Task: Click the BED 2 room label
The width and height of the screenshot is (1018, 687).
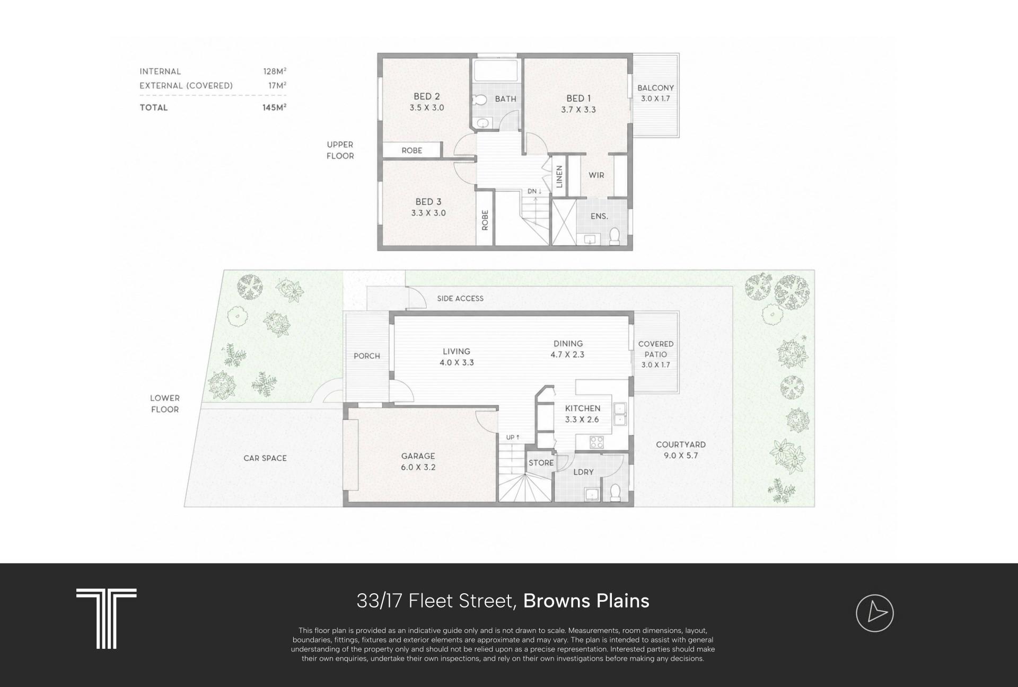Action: click(426, 96)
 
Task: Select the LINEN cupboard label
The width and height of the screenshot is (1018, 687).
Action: click(559, 176)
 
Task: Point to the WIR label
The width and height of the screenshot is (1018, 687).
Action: click(596, 175)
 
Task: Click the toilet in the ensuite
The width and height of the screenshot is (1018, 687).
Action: click(615, 236)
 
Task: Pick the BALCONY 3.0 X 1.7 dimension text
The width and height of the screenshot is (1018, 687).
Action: click(655, 99)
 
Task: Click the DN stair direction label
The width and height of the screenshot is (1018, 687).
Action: click(534, 191)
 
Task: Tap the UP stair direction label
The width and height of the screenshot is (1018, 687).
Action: click(513, 438)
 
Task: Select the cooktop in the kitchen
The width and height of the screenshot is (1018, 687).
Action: click(596, 441)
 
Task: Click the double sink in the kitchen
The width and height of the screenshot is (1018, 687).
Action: click(619, 414)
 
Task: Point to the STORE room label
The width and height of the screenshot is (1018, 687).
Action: click(541, 463)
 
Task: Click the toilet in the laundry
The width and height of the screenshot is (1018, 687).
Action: click(616, 493)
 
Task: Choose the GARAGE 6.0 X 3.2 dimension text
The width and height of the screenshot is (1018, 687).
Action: click(418, 467)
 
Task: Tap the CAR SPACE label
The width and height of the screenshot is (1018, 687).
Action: click(265, 458)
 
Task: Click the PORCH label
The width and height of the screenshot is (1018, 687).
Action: click(367, 356)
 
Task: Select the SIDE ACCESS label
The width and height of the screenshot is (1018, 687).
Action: click(460, 299)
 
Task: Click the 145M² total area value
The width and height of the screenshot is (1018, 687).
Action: click(275, 107)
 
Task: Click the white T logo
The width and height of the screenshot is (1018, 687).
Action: click(107, 618)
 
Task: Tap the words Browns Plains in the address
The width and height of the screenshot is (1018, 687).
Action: click(586, 601)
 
